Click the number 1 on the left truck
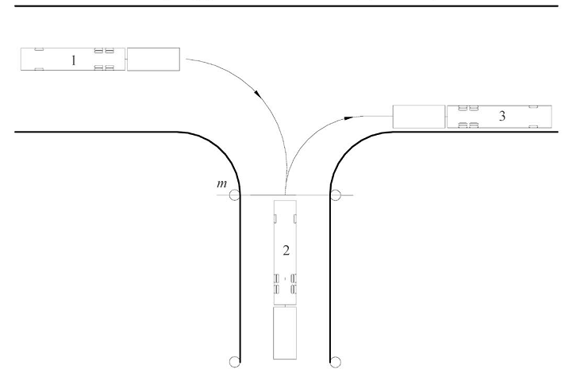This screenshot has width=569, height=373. (x=74, y=60)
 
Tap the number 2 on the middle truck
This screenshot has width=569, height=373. (x=286, y=250)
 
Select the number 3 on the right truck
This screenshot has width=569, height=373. (x=502, y=116)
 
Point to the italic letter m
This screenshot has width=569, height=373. (x=221, y=184)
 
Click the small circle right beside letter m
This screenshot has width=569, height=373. (x=235, y=195)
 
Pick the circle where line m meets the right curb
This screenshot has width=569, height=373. (x=336, y=195)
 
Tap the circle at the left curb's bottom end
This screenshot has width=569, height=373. (x=235, y=362)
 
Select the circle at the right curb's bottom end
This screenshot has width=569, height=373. (x=336, y=362)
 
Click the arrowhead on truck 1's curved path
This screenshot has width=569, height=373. (x=258, y=94)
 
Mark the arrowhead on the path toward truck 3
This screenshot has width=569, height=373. (x=348, y=117)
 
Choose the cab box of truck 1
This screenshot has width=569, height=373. (x=153, y=60)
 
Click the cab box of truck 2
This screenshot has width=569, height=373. (x=285, y=333)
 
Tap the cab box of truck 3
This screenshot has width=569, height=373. (x=419, y=117)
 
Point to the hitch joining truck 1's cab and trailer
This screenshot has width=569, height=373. (x=126, y=60)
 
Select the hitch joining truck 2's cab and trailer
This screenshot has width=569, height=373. (x=285, y=306)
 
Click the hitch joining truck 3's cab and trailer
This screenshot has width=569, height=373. (x=446, y=117)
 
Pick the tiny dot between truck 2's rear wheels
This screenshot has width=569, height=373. (x=285, y=279)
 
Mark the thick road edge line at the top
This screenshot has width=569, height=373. (x=286, y=6)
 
